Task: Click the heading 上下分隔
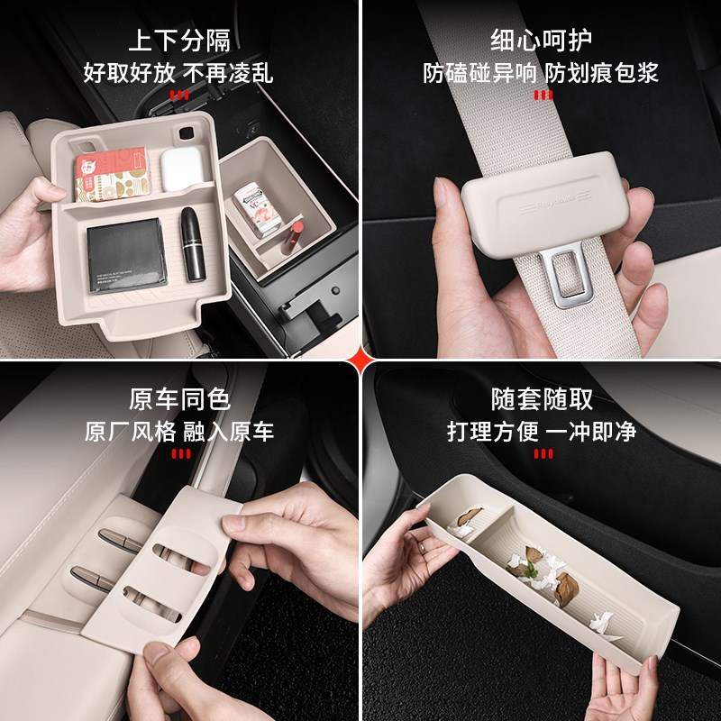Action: coord(179,41)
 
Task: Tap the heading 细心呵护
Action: coord(541,41)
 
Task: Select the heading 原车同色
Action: coord(179,399)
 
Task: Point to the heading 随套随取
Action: coord(541,399)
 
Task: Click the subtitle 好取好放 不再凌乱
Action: coord(179,72)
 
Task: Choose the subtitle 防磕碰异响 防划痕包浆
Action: coord(541,72)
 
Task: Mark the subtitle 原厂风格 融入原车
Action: coord(179,431)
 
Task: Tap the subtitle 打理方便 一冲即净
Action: coord(541,431)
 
